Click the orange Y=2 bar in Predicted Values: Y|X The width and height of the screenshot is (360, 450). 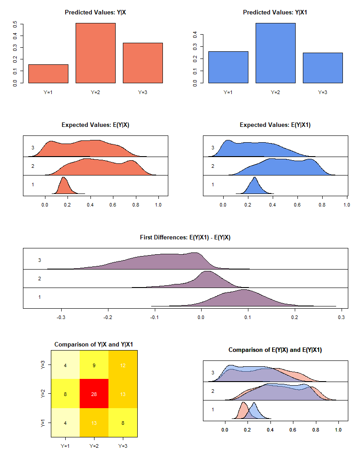95,53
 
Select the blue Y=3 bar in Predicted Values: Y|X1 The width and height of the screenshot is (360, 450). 323,68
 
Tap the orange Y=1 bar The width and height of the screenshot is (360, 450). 48,74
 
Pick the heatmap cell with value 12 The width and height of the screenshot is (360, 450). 123,364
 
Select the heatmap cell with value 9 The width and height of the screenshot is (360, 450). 94,364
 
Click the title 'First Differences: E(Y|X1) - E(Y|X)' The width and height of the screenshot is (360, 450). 185,238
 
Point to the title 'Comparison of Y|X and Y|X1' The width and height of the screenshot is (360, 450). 94,345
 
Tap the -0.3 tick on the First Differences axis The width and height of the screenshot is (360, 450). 61,316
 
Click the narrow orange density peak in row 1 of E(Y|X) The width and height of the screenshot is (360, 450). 63,185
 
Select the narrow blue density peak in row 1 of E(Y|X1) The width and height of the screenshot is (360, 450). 255,185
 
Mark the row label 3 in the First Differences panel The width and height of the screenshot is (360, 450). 40,260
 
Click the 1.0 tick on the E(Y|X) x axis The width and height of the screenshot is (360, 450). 158,204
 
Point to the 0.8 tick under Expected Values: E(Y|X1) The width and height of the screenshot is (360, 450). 322,204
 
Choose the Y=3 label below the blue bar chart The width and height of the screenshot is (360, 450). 323,92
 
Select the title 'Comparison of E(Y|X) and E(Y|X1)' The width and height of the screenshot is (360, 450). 275,350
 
